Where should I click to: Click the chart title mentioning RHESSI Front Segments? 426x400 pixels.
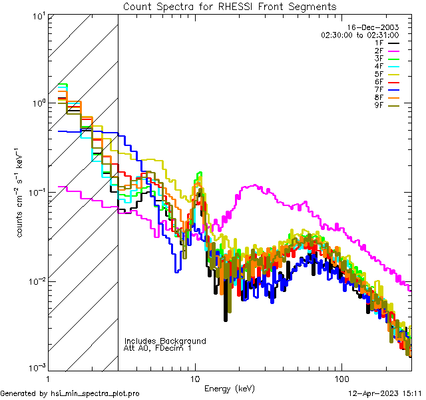coord(230,7)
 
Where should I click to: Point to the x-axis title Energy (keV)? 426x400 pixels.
coord(230,389)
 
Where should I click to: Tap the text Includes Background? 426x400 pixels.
coord(165,341)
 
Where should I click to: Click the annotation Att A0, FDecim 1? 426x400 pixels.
coord(158,349)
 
